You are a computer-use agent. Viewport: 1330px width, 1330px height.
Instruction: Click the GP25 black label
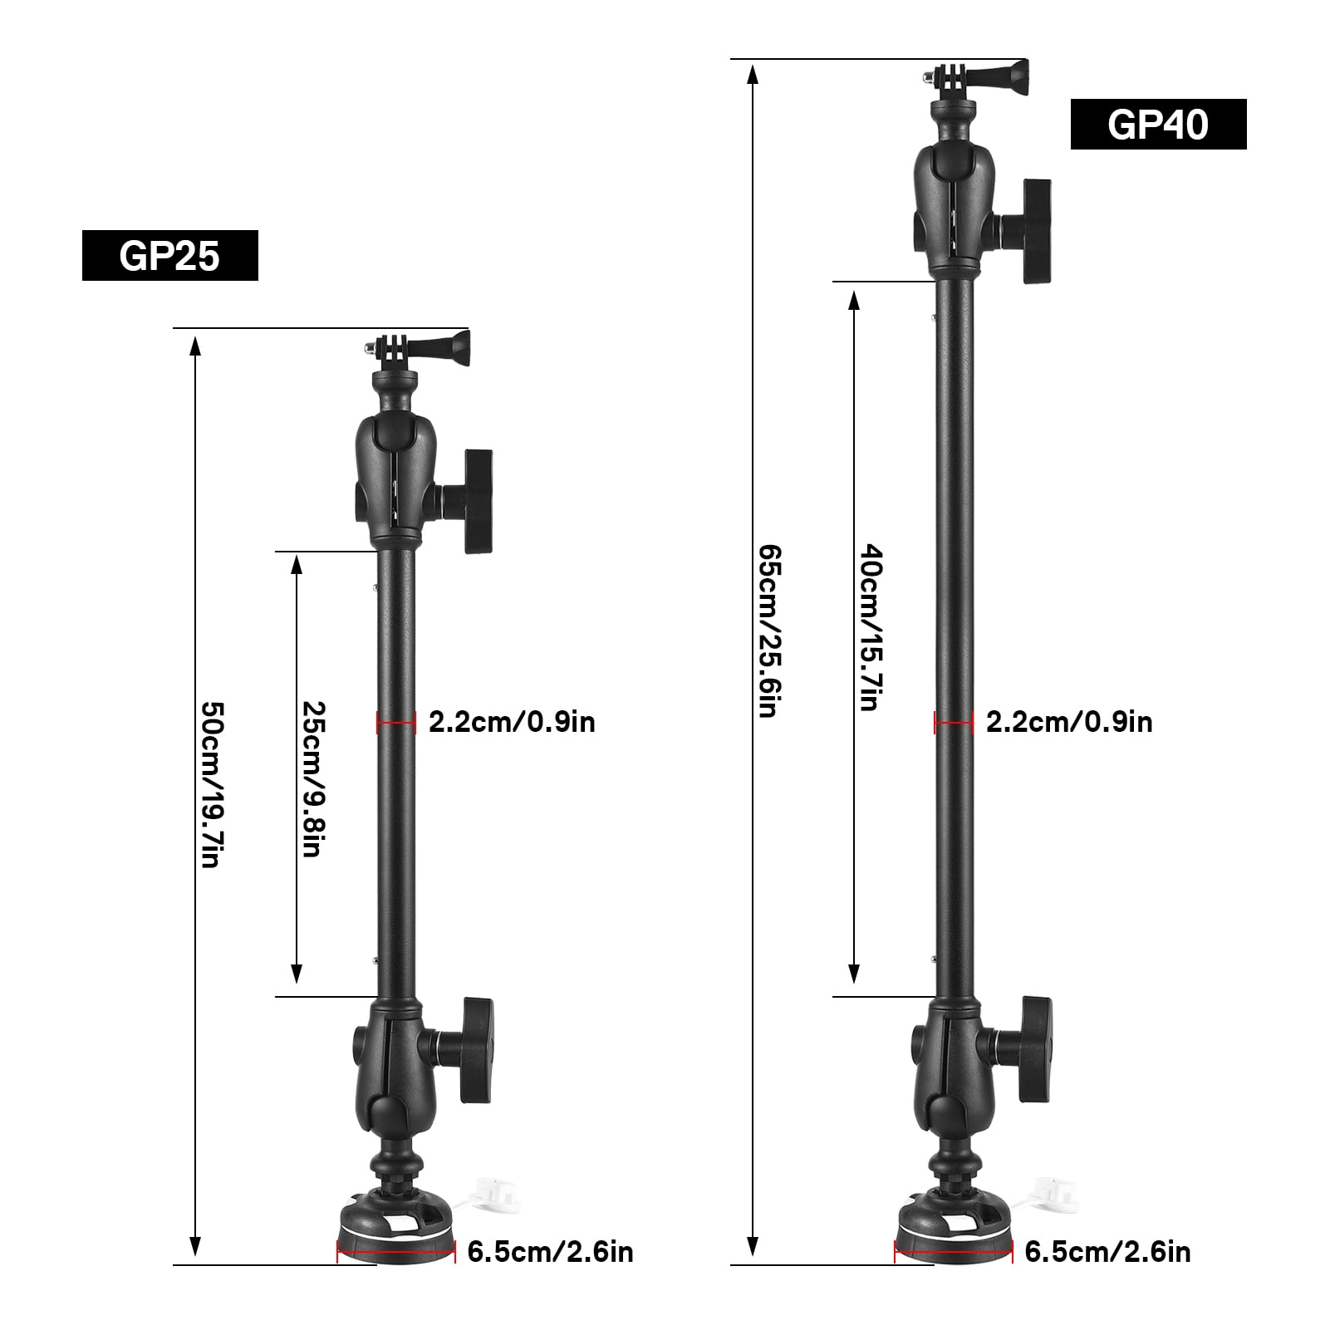coord(169,255)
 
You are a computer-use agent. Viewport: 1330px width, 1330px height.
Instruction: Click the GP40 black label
coord(1158,125)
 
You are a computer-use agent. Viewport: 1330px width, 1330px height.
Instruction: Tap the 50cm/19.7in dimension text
coord(213,785)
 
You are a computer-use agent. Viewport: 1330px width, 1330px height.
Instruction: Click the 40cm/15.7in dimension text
coord(871,627)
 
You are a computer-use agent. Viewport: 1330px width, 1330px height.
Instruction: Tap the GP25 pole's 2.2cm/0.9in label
coord(512,722)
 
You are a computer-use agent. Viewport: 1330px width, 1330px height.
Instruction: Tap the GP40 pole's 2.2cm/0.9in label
coord(1069,722)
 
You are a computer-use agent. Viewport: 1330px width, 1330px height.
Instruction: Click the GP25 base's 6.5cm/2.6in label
coord(550,1251)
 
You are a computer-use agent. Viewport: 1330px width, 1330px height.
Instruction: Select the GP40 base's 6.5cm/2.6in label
coord(1107,1251)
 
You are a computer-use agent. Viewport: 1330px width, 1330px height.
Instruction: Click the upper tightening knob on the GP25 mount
coord(477,501)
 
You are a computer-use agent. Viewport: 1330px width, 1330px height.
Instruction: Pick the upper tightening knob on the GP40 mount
coord(1035,231)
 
